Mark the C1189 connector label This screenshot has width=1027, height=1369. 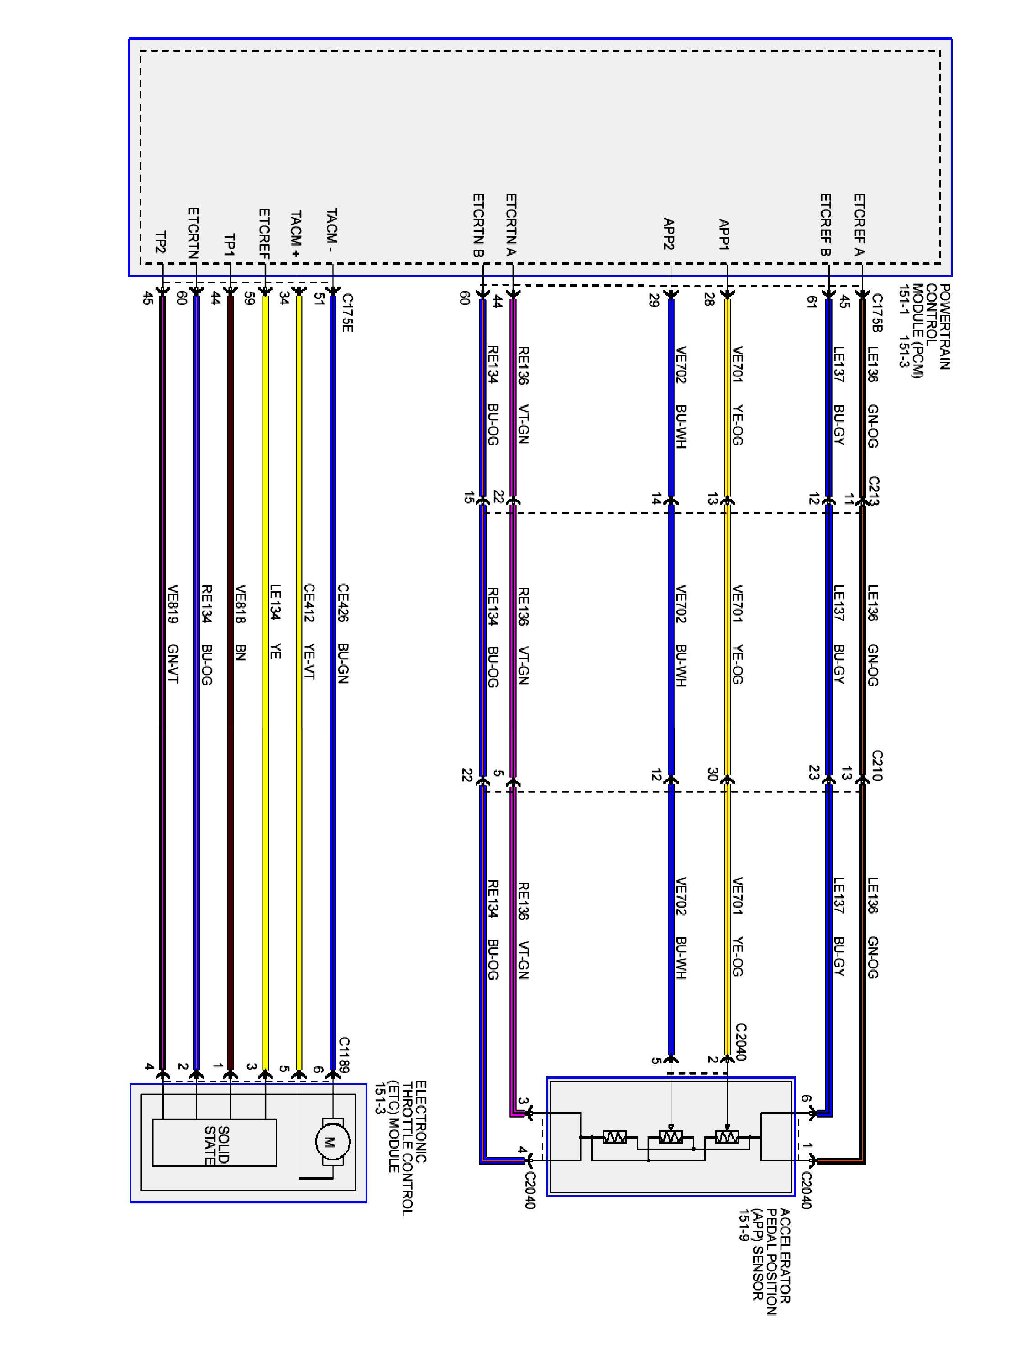coord(344,1055)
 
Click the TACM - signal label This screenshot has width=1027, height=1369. coord(332,230)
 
